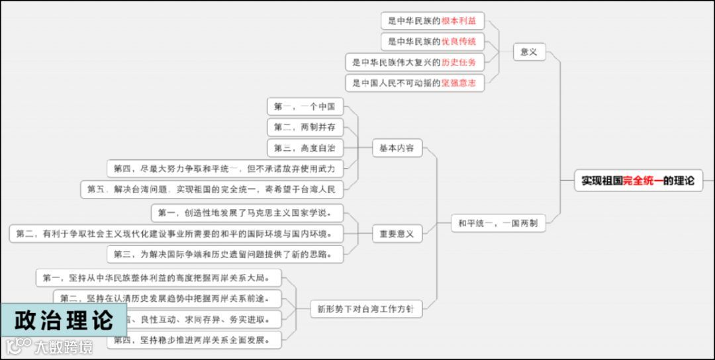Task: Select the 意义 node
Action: click(529, 51)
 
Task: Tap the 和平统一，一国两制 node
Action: click(497, 224)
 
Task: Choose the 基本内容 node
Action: click(397, 148)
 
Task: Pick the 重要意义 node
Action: click(397, 234)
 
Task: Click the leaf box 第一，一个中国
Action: click(305, 107)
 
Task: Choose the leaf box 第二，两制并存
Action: click(305, 127)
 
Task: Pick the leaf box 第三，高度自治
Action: click(305, 148)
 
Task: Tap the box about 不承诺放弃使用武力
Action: click(225, 169)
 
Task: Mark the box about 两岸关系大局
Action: click(159, 278)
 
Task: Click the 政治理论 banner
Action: click(64, 321)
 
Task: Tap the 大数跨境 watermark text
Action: click(64, 346)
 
